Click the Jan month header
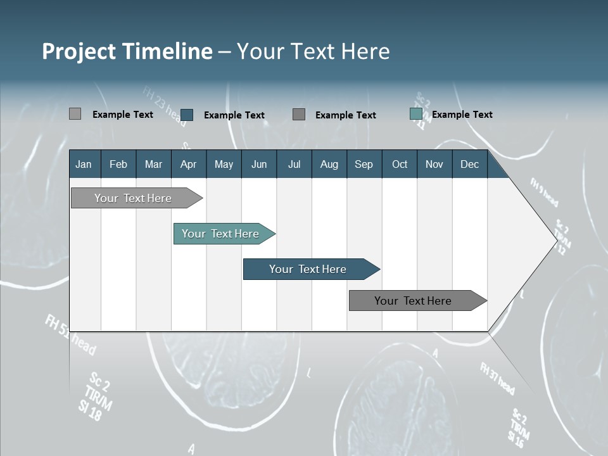click(84, 164)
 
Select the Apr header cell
click(188, 164)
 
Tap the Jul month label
click(294, 164)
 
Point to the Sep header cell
click(364, 164)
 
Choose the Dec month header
click(469, 164)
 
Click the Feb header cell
click(118, 164)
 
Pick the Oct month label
click(400, 164)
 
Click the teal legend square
click(416, 114)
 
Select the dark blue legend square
click(187, 115)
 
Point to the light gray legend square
click(75, 114)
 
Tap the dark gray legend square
click(299, 114)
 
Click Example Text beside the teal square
click(462, 115)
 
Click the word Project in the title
click(79, 51)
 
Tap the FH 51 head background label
click(70, 334)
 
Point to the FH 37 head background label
click(497, 378)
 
